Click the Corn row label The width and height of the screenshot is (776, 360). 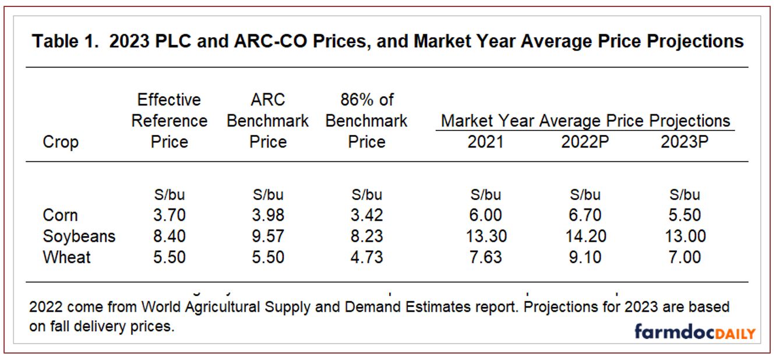60,215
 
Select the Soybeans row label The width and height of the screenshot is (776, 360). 79,236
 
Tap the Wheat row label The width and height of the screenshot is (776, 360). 66,257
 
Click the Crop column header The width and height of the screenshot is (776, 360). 61,142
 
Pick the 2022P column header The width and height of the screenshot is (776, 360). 584,142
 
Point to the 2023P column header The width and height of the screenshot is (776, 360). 684,142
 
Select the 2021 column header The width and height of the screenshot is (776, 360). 485,142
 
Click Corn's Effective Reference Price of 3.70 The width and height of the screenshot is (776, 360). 169,215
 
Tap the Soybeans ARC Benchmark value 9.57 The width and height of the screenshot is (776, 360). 268,236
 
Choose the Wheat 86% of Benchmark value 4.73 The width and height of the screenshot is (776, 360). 366,257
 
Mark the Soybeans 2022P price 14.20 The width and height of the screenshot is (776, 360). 584,236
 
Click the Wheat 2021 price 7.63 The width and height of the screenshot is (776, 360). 485,257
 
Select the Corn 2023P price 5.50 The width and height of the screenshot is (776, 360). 684,215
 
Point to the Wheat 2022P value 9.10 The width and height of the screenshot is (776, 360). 584,257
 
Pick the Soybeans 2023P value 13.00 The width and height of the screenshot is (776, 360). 684,236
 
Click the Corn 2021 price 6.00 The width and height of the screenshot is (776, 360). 485,215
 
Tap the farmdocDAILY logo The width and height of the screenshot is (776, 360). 694,333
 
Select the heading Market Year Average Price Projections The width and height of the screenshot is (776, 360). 585,121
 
